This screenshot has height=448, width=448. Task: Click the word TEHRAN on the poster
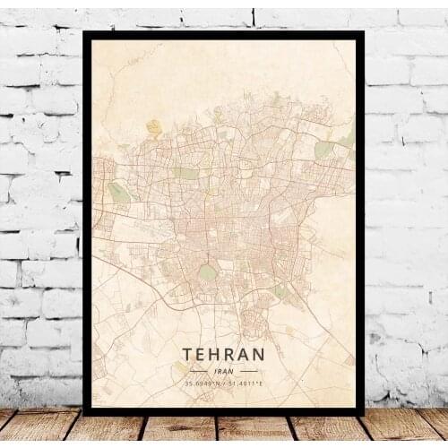pos(223,356)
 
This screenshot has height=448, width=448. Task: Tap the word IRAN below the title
pos(224,371)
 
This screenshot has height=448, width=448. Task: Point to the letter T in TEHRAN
pos(188,356)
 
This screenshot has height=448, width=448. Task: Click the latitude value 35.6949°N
pos(202,383)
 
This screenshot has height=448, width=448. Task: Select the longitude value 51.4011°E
pos(246,383)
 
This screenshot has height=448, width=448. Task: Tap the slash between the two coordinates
pos(225,383)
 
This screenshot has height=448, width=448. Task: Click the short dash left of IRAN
pos(199,371)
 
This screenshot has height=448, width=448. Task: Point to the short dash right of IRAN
pos(248,371)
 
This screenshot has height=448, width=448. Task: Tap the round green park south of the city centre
pos(207,271)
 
